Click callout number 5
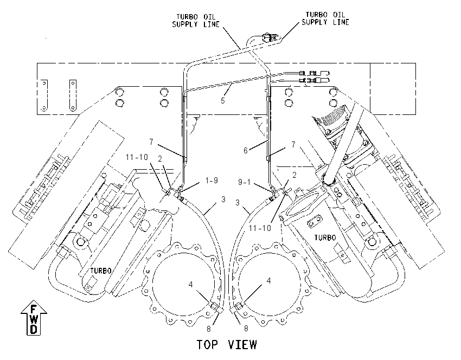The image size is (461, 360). tap(222, 100)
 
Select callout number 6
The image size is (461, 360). tap(246, 151)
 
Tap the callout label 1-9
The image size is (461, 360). tap(212, 180)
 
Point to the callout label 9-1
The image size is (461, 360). tap(244, 182)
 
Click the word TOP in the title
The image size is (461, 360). tap(207, 344)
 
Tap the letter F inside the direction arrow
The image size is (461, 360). tap(34, 309)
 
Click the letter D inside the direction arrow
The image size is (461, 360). tap(34, 329)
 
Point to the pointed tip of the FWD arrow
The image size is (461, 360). tap(34, 300)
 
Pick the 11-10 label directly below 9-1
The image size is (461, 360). tap(260, 228)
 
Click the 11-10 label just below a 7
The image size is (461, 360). tap(137, 157)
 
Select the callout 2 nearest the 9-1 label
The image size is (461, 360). tap(294, 175)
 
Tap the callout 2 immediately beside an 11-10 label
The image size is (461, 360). tap(159, 159)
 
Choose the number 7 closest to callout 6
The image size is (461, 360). tap(293, 144)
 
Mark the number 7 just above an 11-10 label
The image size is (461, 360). tap(151, 142)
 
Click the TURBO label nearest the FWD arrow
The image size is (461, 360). tap(100, 271)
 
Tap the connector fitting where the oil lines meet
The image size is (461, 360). tap(270, 37)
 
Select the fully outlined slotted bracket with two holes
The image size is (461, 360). tap(73, 95)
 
